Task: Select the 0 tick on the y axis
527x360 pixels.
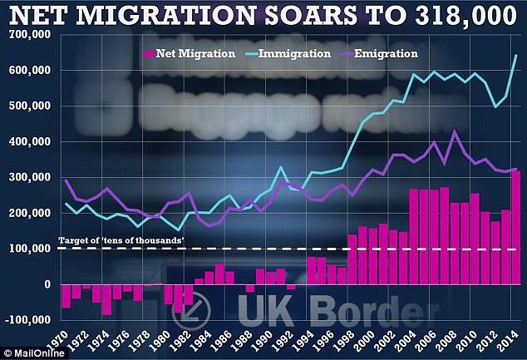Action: tap(46, 284)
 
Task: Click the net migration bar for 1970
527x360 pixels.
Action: tap(66, 296)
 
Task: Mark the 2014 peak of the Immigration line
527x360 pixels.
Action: tap(516, 56)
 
